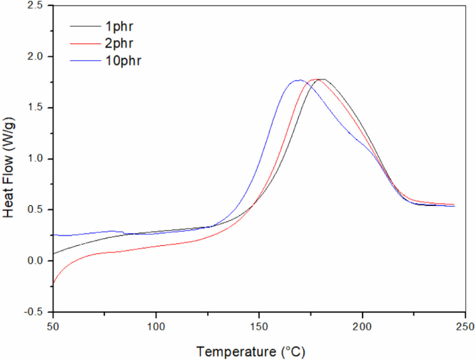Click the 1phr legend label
(x=119, y=26)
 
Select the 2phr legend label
(x=119, y=43)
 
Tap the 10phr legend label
(x=123, y=61)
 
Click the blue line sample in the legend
(x=85, y=61)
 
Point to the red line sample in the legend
(x=85, y=44)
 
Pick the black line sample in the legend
(x=85, y=26)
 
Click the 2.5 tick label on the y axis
(x=35, y=6)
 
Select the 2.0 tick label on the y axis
(x=35, y=57)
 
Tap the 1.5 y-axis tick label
(x=35, y=108)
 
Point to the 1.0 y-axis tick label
(x=35, y=159)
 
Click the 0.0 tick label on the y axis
(x=35, y=261)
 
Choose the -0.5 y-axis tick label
(x=33, y=312)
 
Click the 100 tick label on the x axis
(x=156, y=326)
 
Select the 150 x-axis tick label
(x=259, y=326)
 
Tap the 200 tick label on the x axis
(x=362, y=326)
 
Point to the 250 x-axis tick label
(x=465, y=326)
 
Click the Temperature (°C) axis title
(x=250, y=352)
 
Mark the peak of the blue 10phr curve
(x=299, y=80)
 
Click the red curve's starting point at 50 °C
(x=54, y=282)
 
